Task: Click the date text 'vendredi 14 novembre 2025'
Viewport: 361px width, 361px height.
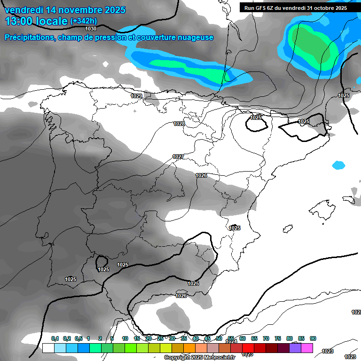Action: pos(65,9)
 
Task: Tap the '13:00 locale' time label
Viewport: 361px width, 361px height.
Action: pos(36,21)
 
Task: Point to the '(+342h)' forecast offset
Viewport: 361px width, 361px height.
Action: pos(83,21)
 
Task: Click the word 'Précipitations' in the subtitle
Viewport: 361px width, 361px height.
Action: pos(28,37)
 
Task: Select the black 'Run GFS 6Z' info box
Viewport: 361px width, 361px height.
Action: pos(299,8)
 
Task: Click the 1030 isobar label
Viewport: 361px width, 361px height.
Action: pos(91,29)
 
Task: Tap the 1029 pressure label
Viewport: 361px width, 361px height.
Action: pos(136,96)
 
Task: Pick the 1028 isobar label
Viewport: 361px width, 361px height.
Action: pos(179,124)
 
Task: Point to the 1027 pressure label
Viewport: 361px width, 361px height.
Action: pos(178,157)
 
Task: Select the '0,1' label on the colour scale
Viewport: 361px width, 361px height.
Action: pos(55,338)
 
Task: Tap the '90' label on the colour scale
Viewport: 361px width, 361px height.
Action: pos(313,338)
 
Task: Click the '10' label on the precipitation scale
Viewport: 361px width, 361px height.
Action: pos(125,338)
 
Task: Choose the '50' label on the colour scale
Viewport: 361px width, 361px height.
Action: pos(219,338)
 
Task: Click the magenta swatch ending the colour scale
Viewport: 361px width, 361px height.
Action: pos(306,348)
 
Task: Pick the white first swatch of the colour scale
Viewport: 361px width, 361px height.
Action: pos(48,348)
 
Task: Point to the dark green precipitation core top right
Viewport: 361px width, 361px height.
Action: pos(313,45)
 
